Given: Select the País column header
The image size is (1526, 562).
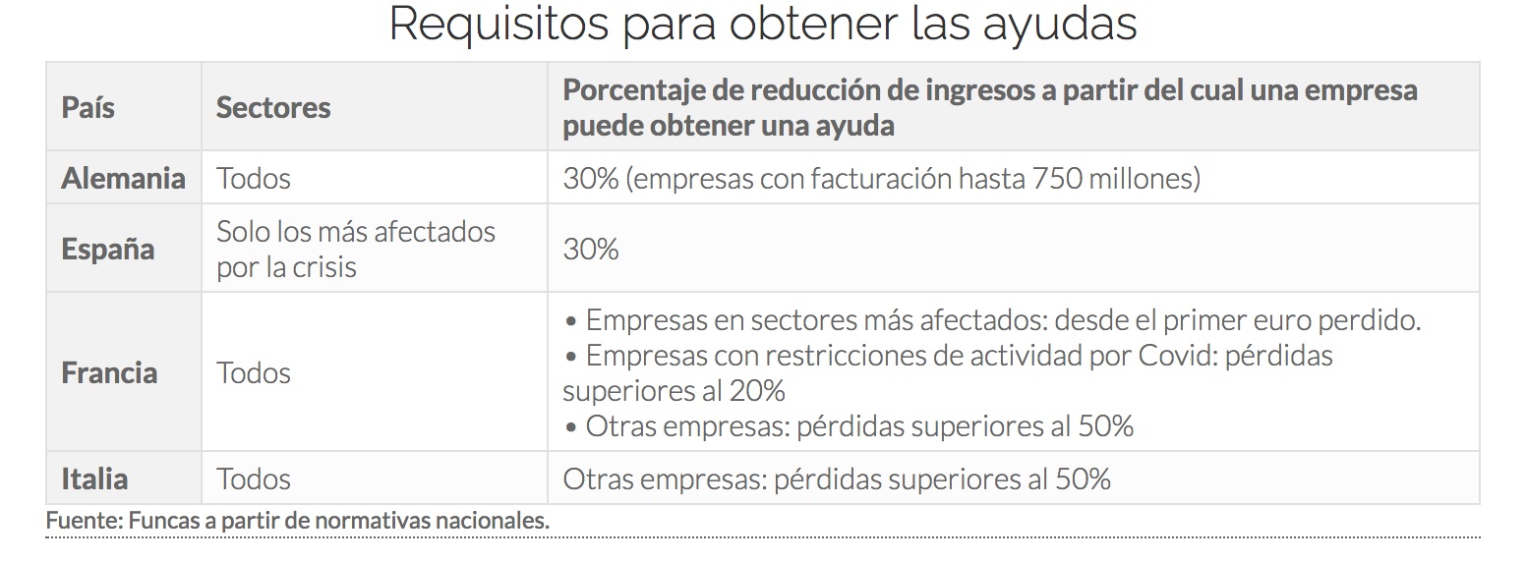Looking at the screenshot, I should pos(88,107).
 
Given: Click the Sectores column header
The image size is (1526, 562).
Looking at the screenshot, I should pos(273,107).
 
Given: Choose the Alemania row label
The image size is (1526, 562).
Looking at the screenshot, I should pos(123,178).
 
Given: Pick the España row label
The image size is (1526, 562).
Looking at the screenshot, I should pos(108,249).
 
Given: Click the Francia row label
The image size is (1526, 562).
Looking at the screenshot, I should pos(109,372).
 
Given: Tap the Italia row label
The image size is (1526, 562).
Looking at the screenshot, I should pos(94,478).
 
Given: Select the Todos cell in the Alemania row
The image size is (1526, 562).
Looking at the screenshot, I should pos(254,178).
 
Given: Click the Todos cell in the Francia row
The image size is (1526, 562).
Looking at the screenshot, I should pos(254,372).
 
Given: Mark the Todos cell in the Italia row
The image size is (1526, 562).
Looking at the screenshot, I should pos(254,478).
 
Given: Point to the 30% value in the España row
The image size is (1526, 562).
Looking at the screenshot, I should pos(591,249).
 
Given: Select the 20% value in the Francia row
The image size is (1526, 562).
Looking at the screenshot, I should pos(757,390).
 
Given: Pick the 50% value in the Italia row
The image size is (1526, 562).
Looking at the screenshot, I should pos(1083,478).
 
